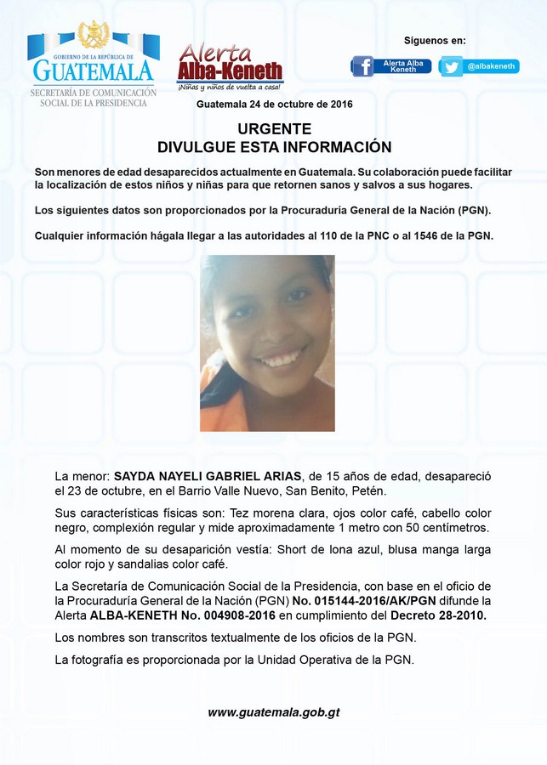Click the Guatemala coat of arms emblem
[94, 35]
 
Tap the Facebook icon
[363, 66]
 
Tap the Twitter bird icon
[452, 66]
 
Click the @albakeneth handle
[489, 66]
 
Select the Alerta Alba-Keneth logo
[230, 67]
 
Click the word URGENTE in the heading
[274, 129]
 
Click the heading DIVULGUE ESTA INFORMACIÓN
[274, 146]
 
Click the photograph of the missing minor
[267, 343]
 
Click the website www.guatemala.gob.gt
[274, 712]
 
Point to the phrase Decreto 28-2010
[438, 615]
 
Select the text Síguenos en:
[435, 40]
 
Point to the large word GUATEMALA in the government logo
[93, 71]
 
